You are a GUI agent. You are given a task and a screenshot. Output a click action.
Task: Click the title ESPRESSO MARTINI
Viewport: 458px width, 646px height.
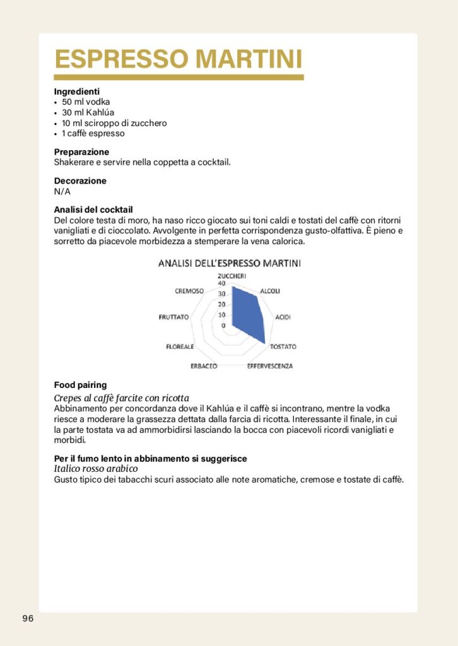coord(179,59)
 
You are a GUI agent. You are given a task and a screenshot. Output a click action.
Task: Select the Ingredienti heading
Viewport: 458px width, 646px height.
coord(77,91)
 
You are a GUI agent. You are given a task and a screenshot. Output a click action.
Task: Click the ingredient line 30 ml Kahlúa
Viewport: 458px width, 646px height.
coord(88,112)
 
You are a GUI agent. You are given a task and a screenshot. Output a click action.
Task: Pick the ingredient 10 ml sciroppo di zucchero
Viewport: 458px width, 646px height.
coord(114,123)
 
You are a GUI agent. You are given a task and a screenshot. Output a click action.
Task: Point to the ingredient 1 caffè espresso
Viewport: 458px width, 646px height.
coord(93,133)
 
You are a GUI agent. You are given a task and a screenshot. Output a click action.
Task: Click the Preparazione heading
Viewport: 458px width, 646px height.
coord(81,152)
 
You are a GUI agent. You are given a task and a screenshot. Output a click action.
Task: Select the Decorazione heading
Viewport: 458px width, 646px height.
coord(80,181)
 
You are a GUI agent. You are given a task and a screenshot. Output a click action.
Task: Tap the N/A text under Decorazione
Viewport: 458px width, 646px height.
coord(62,191)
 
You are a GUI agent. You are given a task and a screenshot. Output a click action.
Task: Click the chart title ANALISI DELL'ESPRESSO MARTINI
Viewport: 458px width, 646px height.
coord(229,263)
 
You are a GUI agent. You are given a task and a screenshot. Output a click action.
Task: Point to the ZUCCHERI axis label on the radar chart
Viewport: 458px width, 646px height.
coord(232,276)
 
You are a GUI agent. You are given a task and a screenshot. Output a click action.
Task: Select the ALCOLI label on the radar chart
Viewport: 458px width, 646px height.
coord(270,291)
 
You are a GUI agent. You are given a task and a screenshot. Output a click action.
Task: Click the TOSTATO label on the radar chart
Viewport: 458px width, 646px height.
coord(283,346)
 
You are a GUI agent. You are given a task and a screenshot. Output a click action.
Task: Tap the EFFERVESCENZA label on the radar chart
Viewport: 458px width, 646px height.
coord(269,366)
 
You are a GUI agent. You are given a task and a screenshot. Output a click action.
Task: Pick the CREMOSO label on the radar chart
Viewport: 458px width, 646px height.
coord(189,291)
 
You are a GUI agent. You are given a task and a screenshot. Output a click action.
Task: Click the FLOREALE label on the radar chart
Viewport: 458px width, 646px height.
coord(180,346)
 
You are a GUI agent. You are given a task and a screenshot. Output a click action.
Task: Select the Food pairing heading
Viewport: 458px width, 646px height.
coord(80,385)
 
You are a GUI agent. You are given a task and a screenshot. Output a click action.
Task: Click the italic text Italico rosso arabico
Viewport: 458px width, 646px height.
coord(96,469)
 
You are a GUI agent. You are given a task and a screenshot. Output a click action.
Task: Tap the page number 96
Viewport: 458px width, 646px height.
coord(28,618)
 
